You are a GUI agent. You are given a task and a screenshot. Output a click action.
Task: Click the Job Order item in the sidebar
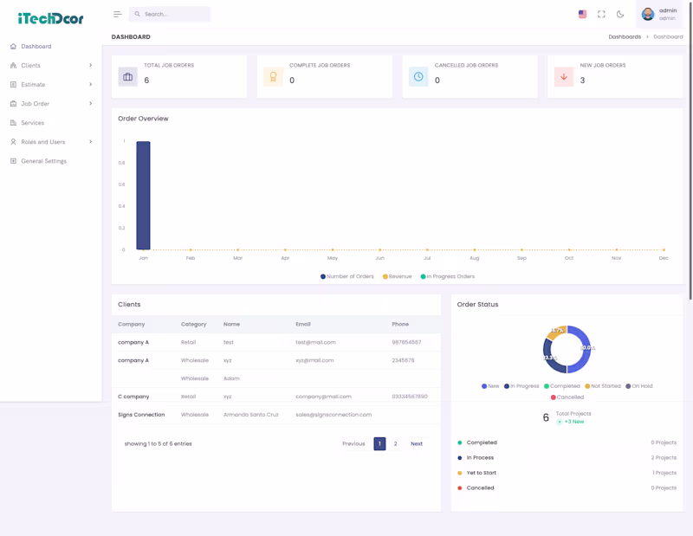pyautogui.click(x=36, y=104)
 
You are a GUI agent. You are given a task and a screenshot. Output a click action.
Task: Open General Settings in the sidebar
pyautogui.click(x=43, y=161)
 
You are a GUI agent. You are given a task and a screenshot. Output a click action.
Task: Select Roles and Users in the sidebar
pyautogui.click(x=42, y=142)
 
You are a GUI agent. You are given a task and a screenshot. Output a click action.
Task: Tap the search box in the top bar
pyautogui.click(x=170, y=14)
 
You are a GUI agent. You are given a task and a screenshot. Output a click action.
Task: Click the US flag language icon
pyautogui.click(x=582, y=14)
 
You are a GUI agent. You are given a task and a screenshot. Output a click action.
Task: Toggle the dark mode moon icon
pyautogui.click(x=620, y=14)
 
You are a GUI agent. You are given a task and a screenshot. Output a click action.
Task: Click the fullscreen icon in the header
pyautogui.click(x=601, y=14)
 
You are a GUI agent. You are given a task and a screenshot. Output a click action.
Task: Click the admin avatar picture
pyautogui.click(x=647, y=14)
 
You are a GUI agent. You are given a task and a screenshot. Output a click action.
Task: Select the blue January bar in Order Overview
pyautogui.click(x=143, y=196)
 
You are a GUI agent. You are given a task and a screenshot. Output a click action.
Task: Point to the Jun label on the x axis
pyautogui.click(x=379, y=258)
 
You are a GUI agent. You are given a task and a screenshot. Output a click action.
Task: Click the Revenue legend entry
pyautogui.click(x=398, y=276)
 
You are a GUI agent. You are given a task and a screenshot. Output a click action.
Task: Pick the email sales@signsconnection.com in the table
pyautogui.click(x=333, y=415)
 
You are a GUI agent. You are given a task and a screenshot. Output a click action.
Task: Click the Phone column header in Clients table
pyautogui.click(x=400, y=324)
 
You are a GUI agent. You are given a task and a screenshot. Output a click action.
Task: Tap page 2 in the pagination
pyautogui.click(x=396, y=443)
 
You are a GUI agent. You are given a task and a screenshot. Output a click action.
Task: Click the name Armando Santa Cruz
pyautogui.click(x=250, y=415)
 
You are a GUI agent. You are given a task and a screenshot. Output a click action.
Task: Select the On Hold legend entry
pyautogui.click(x=639, y=386)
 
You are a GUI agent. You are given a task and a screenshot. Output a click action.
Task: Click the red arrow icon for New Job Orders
pyautogui.click(x=564, y=77)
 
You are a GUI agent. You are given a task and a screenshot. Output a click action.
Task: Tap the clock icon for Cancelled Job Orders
pyautogui.click(x=418, y=77)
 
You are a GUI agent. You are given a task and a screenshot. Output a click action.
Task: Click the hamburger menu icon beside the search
pyautogui.click(x=118, y=14)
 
